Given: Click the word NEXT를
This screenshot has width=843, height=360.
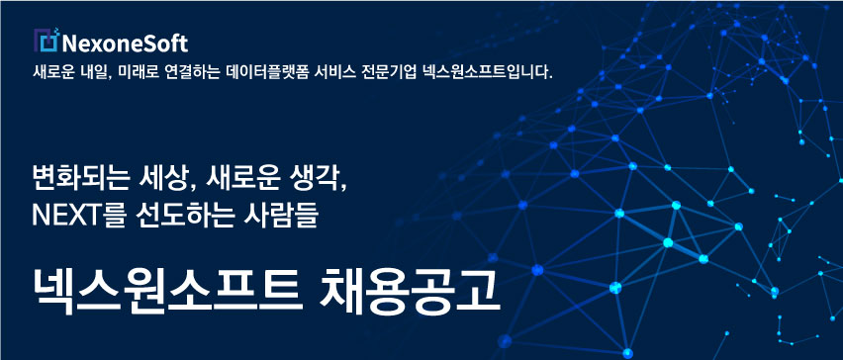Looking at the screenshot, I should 75,213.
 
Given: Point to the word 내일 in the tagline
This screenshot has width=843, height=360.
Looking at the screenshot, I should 99,73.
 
